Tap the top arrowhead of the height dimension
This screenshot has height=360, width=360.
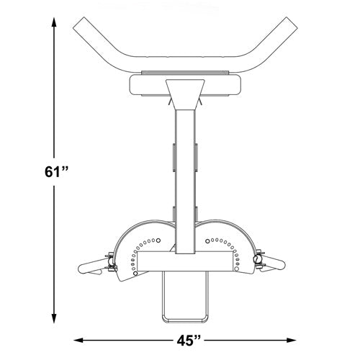(x=55, y=22)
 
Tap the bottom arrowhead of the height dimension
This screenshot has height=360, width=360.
(x=55, y=323)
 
